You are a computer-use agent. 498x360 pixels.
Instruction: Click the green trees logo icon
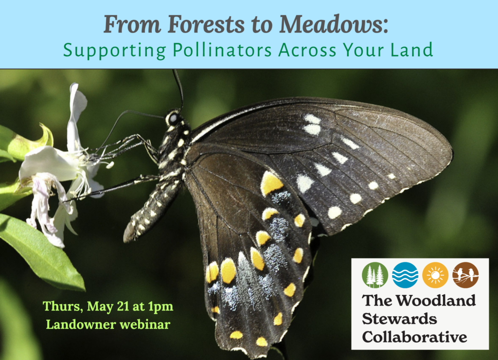click(375, 275)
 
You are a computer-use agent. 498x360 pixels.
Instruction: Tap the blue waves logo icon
click(405, 275)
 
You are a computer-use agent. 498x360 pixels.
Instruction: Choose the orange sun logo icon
click(435, 275)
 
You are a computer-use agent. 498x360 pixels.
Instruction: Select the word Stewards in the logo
click(399, 319)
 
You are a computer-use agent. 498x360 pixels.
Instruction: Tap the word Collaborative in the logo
click(414, 337)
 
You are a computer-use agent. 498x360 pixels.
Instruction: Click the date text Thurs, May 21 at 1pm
click(108, 307)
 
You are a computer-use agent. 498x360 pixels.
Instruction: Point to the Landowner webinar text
click(108, 324)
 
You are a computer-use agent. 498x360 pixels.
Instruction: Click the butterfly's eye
click(173, 118)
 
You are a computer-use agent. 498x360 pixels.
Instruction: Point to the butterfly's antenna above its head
click(178, 88)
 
